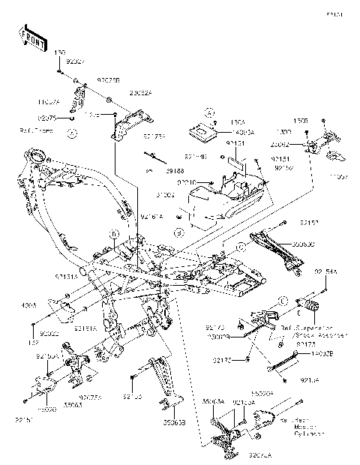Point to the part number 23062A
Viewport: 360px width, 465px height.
click(142, 93)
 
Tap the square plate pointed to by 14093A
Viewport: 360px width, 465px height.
click(200, 127)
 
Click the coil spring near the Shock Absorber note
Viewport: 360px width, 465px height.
click(308, 305)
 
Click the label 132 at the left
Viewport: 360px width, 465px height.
click(35, 343)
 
